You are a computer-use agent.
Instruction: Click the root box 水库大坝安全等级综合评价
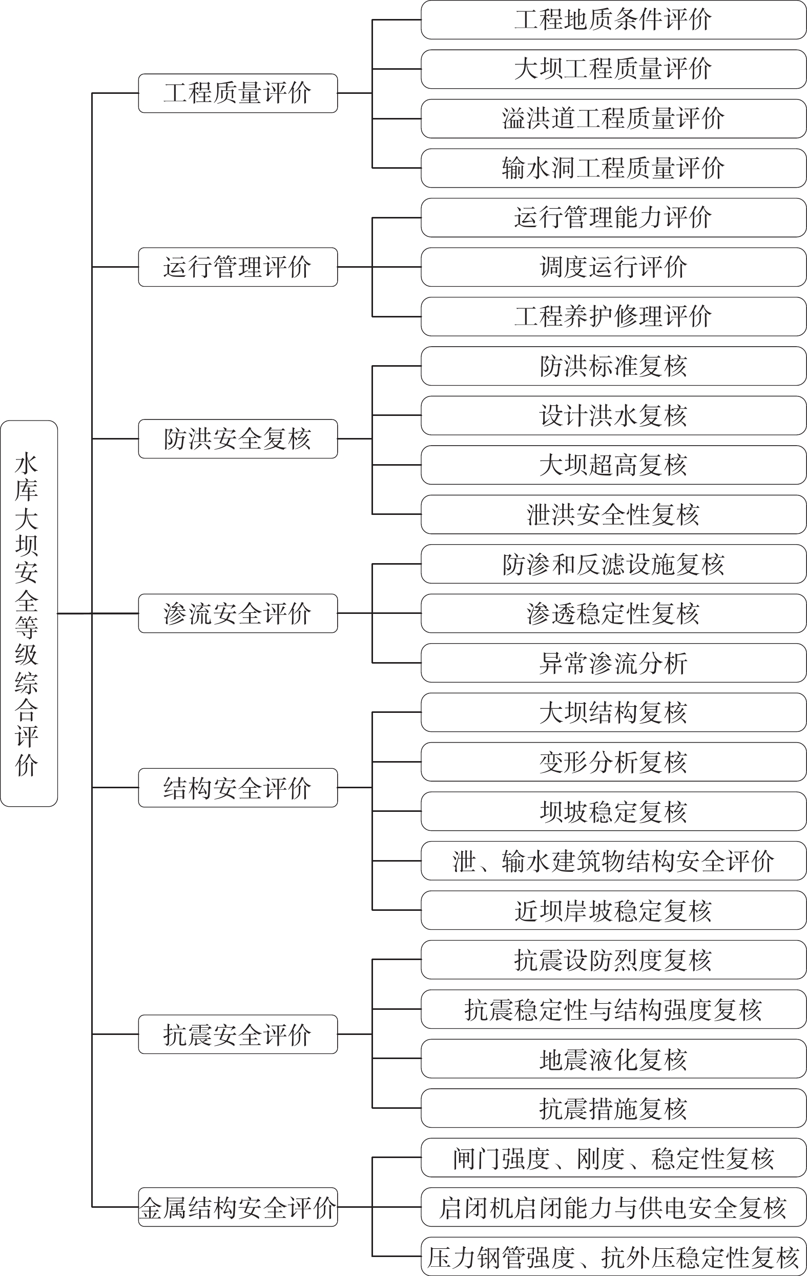pos(29,613)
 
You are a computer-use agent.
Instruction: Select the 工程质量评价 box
pos(238,93)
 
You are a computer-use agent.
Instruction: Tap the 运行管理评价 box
pos(238,267)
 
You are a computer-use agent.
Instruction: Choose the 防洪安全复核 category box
pos(238,439)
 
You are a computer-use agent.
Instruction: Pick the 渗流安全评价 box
pos(238,613)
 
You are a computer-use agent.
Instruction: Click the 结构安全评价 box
pos(238,787)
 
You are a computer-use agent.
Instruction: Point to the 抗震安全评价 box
pos(238,1034)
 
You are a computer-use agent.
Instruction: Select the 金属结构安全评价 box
pos(238,1207)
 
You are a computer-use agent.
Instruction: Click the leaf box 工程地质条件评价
pos(614,19)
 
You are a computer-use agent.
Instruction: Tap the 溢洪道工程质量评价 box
pos(614,118)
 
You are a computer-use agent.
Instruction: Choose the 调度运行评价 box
pos(614,267)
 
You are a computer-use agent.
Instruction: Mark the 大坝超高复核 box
pos(614,465)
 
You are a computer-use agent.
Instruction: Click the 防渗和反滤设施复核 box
pos(614,564)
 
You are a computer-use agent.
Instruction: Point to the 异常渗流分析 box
pos(614,663)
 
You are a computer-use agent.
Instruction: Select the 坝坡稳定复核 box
pos(614,811)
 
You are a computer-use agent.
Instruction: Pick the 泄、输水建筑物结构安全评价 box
pos(614,861)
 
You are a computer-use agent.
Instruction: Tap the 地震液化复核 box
pos(614,1058)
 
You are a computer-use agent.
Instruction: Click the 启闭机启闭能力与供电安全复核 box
pos(614,1207)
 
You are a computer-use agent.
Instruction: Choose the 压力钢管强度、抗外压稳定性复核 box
pos(614,1256)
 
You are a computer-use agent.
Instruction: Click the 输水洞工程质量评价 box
pos(614,168)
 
